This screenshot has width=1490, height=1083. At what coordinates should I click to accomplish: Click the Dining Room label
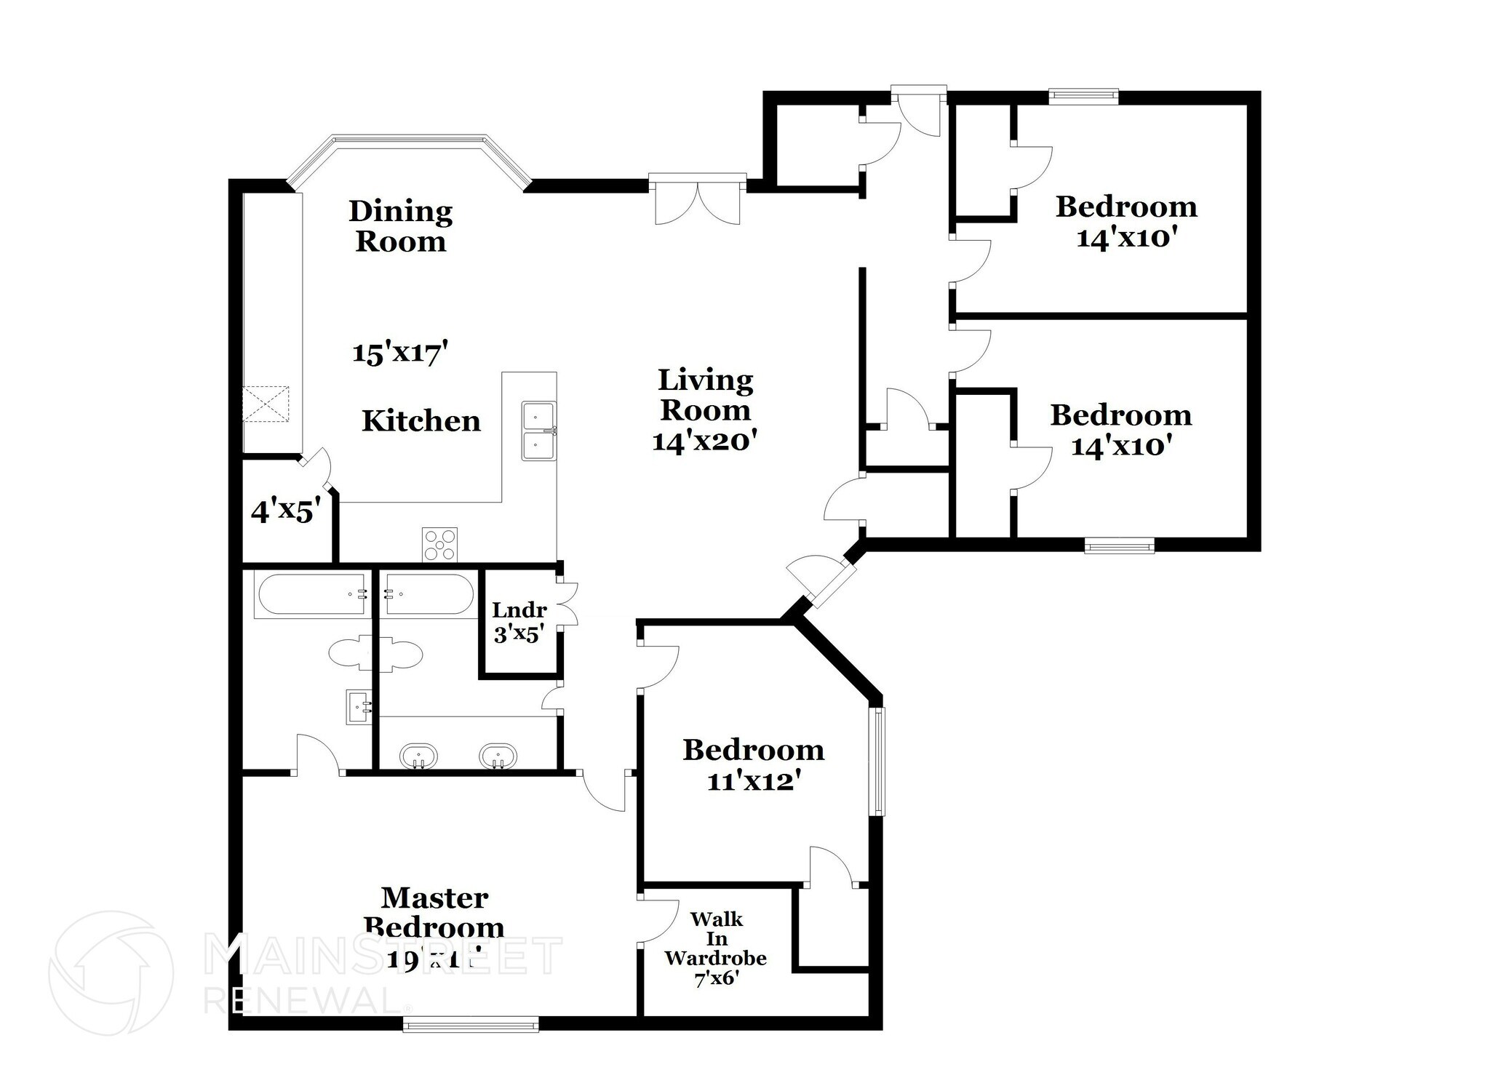click(400, 226)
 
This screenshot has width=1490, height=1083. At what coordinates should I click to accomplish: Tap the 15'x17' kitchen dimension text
click(399, 353)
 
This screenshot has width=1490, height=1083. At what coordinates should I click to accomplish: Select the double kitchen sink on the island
click(538, 431)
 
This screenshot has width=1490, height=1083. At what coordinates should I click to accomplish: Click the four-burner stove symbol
click(439, 545)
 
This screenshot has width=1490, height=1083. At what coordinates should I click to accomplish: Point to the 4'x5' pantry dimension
click(285, 512)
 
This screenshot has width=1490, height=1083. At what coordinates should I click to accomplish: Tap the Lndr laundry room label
click(519, 610)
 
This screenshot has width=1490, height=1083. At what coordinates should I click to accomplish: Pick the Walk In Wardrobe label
click(715, 938)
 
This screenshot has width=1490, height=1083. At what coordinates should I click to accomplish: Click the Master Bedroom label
click(434, 912)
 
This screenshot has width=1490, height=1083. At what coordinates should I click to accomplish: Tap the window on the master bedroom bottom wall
click(471, 1026)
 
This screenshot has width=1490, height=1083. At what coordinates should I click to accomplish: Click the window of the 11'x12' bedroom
click(879, 761)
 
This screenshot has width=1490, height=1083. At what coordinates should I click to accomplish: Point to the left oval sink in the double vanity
click(418, 756)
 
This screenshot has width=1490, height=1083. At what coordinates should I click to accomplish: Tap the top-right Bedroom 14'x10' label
click(1126, 207)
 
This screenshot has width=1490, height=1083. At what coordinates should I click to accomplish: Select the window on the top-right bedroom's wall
click(1083, 94)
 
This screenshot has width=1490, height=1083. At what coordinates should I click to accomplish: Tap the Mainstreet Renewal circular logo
click(111, 972)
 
